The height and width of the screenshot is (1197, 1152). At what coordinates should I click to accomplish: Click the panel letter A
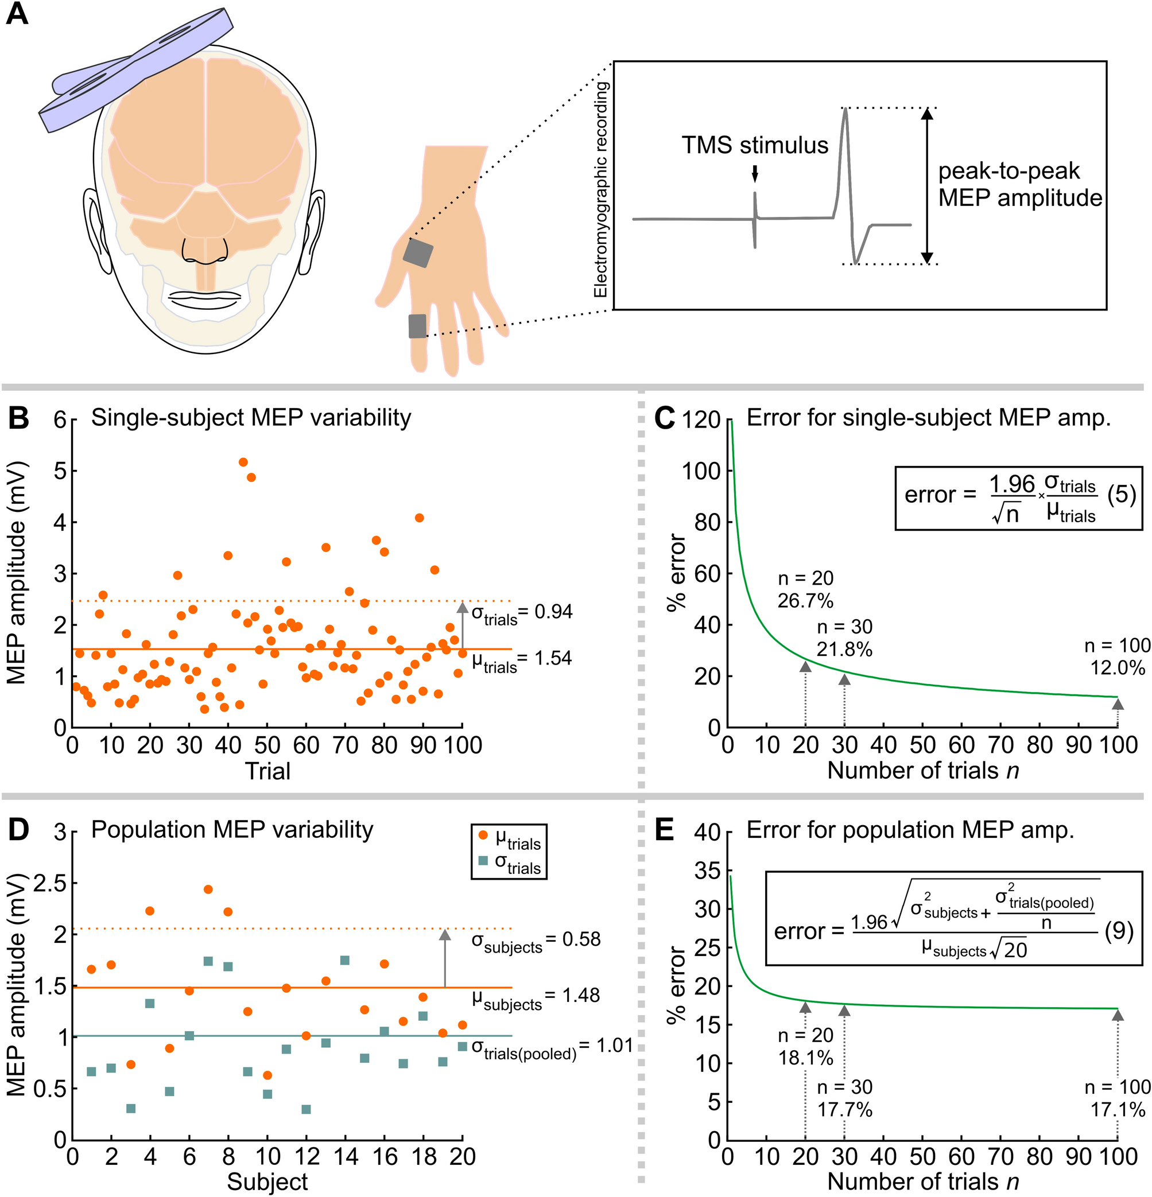tap(17, 13)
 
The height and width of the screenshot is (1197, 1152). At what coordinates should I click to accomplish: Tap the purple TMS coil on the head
tap(134, 67)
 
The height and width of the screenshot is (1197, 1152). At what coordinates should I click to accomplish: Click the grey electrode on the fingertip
tap(417, 326)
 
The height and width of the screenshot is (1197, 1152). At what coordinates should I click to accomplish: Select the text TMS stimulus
tap(755, 145)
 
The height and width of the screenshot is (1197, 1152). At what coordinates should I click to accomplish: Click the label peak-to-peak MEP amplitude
tap(1019, 184)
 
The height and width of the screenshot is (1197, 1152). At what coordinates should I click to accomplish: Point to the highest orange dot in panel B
tap(243, 462)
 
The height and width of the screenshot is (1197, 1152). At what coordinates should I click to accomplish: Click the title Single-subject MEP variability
tap(251, 418)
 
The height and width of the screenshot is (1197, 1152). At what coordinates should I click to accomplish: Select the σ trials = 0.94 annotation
tap(522, 613)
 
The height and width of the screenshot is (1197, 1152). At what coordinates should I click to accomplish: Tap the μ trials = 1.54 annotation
tap(522, 659)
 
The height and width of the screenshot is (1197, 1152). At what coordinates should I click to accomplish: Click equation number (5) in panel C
tap(1121, 494)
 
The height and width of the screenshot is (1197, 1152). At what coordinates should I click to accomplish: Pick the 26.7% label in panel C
tap(805, 601)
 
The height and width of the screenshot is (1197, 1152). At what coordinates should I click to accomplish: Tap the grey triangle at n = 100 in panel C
tap(1117, 704)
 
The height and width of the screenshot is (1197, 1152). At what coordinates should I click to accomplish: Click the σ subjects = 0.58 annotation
tap(535, 940)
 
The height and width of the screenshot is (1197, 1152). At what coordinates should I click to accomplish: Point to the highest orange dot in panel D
tap(208, 889)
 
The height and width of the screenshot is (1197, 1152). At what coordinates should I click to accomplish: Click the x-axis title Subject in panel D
tap(267, 1182)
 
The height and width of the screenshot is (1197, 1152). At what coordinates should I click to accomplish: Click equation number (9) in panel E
tap(1119, 931)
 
